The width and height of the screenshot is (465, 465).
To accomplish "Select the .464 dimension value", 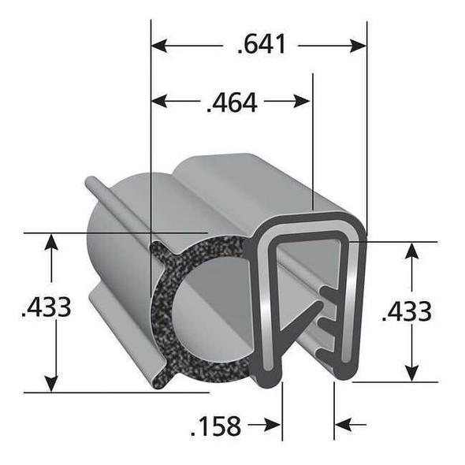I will [231, 102].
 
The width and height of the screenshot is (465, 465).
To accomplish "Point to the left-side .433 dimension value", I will [46, 307].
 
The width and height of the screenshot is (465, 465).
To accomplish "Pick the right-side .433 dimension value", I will [407, 311].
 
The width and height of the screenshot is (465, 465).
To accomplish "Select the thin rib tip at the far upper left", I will [90, 182].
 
